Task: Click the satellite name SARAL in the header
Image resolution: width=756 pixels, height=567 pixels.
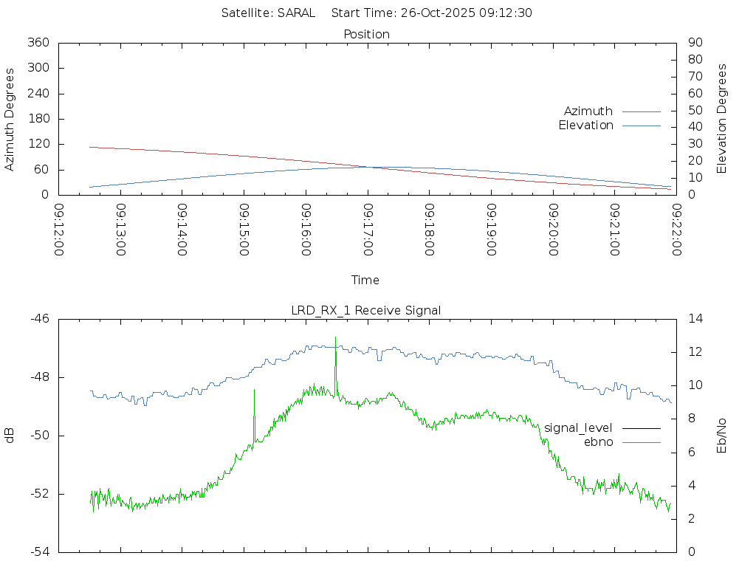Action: pyautogui.click(x=296, y=13)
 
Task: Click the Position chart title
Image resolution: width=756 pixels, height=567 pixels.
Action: pyautogui.click(x=367, y=34)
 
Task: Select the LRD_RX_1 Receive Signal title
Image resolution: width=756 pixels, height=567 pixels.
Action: pyautogui.click(x=366, y=310)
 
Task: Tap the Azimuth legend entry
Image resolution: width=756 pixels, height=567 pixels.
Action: pyautogui.click(x=588, y=111)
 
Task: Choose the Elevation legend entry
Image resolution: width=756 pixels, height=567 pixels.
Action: pyautogui.click(x=585, y=126)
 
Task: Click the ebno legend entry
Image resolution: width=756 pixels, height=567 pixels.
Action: pyautogui.click(x=598, y=441)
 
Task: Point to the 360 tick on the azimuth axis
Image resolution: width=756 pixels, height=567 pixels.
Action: pyautogui.click(x=38, y=43)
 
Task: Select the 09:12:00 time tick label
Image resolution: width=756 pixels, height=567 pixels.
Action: pyautogui.click(x=59, y=230)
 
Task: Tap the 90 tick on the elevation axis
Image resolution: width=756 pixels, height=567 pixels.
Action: pyautogui.click(x=694, y=43)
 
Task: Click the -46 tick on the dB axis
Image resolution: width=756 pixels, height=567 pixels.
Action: pyautogui.click(x=39, y=319)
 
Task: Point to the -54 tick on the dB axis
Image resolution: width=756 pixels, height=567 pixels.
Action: pyautogui.click(x=39, y=551)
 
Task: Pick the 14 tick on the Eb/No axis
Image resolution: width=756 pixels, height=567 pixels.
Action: pyautogui.click(x=695, y=319)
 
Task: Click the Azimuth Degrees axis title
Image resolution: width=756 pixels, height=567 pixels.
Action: pyautogui.click(x=10, y=120)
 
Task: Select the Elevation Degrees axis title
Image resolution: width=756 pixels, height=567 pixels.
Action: pyautogui.click(x=722, y=118)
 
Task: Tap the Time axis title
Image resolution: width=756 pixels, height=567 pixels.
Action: pyautogui.click(x=365, y=280)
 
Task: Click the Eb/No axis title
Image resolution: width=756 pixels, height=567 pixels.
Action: pyautogui.click(x=722, y=436)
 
